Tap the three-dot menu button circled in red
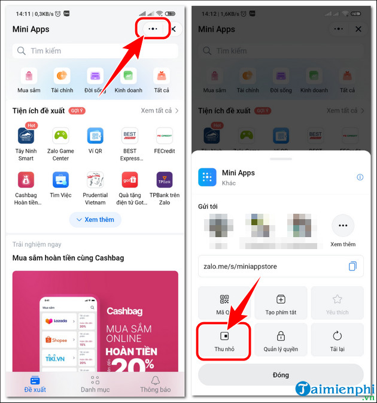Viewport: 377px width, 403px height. click(153, 29)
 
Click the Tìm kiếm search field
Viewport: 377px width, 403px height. click(95, 51)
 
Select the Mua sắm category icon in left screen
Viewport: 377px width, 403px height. click(29, 77)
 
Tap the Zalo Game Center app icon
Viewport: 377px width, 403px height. click(61, 136)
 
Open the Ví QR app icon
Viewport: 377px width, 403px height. click(95, 136)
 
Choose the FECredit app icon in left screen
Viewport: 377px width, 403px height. click(164, 136)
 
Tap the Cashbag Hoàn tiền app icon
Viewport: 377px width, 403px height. click(26, 180)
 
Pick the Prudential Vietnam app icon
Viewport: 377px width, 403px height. click(95, 180)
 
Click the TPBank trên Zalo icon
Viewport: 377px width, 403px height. click(164, 180)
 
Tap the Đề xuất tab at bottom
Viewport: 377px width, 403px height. click(35, 384)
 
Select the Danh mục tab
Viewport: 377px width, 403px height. click(95, 384)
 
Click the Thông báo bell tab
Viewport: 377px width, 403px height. click(155, 384)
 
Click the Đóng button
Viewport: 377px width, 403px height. click(281, 375)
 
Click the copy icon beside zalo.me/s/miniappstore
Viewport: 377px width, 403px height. click(352, 266)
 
